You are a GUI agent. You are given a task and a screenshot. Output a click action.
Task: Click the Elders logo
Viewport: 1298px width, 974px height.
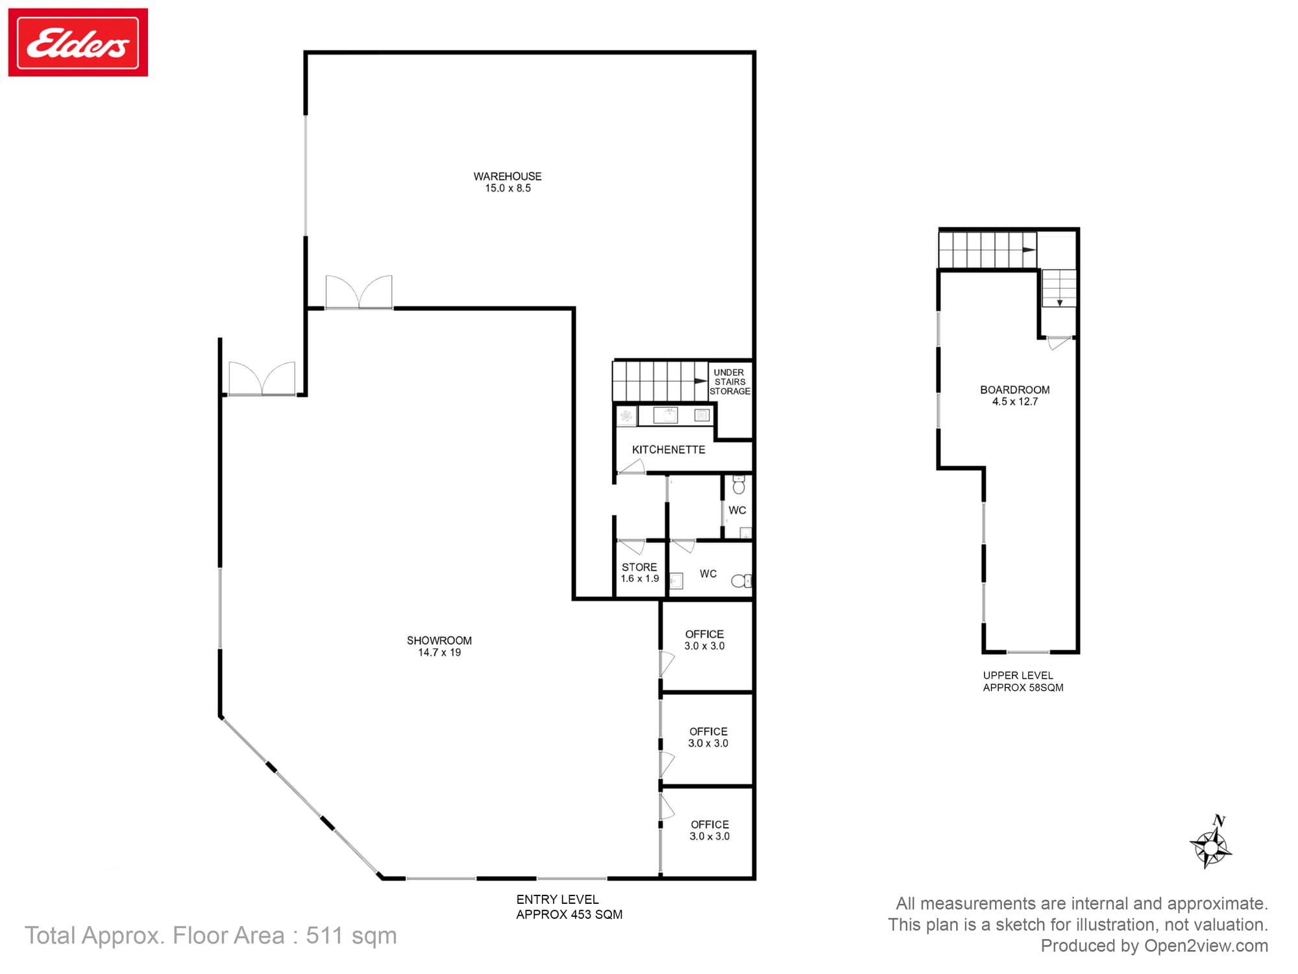[x=78, y=42]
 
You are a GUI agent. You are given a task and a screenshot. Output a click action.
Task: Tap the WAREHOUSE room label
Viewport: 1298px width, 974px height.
[x=508, y=177]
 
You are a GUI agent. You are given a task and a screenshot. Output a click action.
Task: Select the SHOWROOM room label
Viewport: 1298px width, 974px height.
[x=439, y=641]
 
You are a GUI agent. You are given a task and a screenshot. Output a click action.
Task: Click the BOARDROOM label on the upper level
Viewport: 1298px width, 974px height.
[x=1015, y=390]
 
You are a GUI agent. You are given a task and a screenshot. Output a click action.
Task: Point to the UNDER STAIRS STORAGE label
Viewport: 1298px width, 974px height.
[x=730, y=382]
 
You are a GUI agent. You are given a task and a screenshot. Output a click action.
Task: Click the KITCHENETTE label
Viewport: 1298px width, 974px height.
[x=668, y=450]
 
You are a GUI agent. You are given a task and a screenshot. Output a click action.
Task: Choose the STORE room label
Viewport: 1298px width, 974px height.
[x=639, y=568]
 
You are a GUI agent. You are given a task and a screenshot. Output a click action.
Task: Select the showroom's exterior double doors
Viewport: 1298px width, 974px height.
[x=262, y=379]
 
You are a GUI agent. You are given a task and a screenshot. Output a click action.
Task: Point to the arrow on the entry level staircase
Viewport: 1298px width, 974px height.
[x=701, y=381]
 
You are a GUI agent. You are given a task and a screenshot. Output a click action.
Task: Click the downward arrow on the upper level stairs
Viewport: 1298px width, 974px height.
[x=1060, y=303]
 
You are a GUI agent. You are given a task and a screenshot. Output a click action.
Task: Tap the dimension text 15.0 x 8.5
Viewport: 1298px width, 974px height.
[x=508, y=188]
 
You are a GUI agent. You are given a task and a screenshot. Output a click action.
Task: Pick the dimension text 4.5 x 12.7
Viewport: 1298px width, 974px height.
[x=1015, y=402]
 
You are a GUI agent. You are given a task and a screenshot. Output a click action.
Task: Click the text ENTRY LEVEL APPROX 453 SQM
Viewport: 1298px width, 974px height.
[x=569, y=907]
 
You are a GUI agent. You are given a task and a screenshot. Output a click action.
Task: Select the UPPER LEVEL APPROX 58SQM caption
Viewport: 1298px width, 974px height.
[x=1023, y=682]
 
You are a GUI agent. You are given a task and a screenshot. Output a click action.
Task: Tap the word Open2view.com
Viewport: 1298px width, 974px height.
[x=1206, y=946]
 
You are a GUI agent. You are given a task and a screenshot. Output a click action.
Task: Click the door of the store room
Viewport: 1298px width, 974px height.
[x=631, y=545]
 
